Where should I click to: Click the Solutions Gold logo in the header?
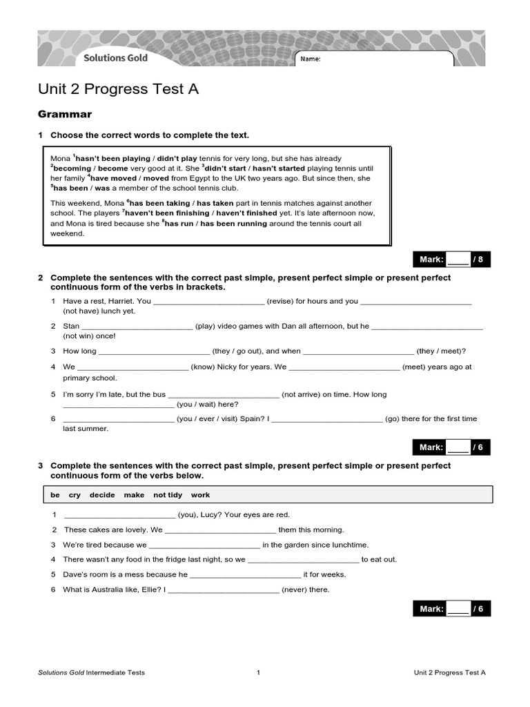pos(115,58)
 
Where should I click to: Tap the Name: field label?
pos(311,59)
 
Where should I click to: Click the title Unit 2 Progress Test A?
pos(118,89)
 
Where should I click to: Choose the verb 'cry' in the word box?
pos(75,495)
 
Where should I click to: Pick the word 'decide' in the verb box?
pos(102,495)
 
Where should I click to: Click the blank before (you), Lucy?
pos(119,515)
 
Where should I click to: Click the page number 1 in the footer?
pos(258,672)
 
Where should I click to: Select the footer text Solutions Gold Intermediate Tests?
pos(91,672)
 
